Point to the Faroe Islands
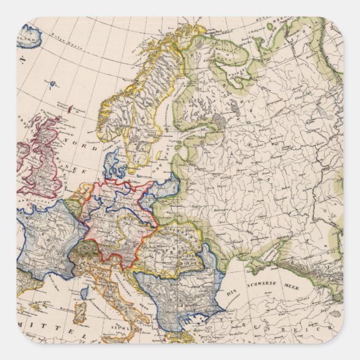52,85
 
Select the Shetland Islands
72,108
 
